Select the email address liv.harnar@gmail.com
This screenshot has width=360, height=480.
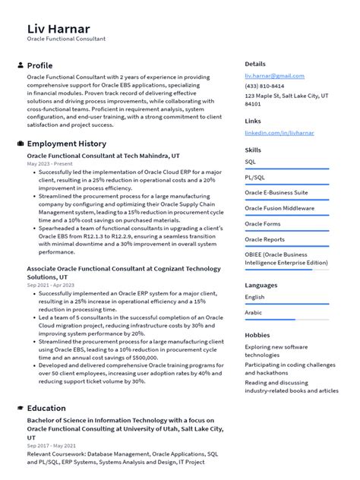[x=274, y=76]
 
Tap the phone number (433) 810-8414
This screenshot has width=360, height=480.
[x=264, y=87]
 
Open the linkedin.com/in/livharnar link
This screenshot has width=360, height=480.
[x=279, y=133]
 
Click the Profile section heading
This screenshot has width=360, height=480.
[x=39, y=65]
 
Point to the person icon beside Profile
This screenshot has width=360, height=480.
[x=21, y=65]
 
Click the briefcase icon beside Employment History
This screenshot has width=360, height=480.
[x=21, y=144]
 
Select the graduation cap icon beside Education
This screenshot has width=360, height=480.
[x=21, y=408]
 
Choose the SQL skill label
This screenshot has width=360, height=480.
[x=251, y=162]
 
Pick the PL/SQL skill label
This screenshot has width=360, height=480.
[x=254, y=177]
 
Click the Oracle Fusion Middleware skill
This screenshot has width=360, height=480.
[x=279, y=208]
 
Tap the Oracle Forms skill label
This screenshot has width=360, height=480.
[x=262, y=224]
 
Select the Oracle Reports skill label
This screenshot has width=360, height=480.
[x=264, y=239]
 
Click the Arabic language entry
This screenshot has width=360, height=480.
[x=253, y=312]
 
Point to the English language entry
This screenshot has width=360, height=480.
[x=254, y=297]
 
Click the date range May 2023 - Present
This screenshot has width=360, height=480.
[x=49, y=163]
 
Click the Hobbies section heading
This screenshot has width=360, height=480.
[x=258, y=335]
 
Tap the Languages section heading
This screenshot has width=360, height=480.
[x=261, y=285]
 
